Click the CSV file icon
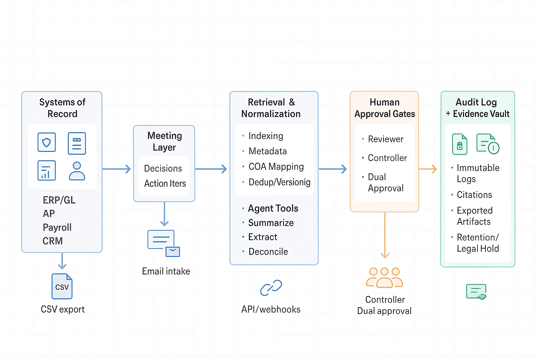coord(62,286)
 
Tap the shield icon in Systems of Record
coord(47,142)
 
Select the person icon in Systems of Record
coord(77,171)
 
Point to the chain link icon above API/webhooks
coord(271,288)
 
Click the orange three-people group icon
coord(385,277)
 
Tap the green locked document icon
coord(459,144)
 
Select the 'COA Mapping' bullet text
coord(276,167)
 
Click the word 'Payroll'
coord(57,227)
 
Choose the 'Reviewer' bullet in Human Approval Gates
coord(385,139)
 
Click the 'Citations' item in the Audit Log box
coord(474,195)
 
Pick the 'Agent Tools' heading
coord(273,208)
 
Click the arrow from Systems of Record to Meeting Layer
coord(117,169)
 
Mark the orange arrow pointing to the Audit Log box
coord(428,169)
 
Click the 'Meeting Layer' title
coord(165,141)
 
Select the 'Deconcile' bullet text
coord(268,252)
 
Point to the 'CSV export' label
coord(63,309)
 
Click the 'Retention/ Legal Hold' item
coord(477,243)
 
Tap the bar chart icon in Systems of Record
coord(47,171)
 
